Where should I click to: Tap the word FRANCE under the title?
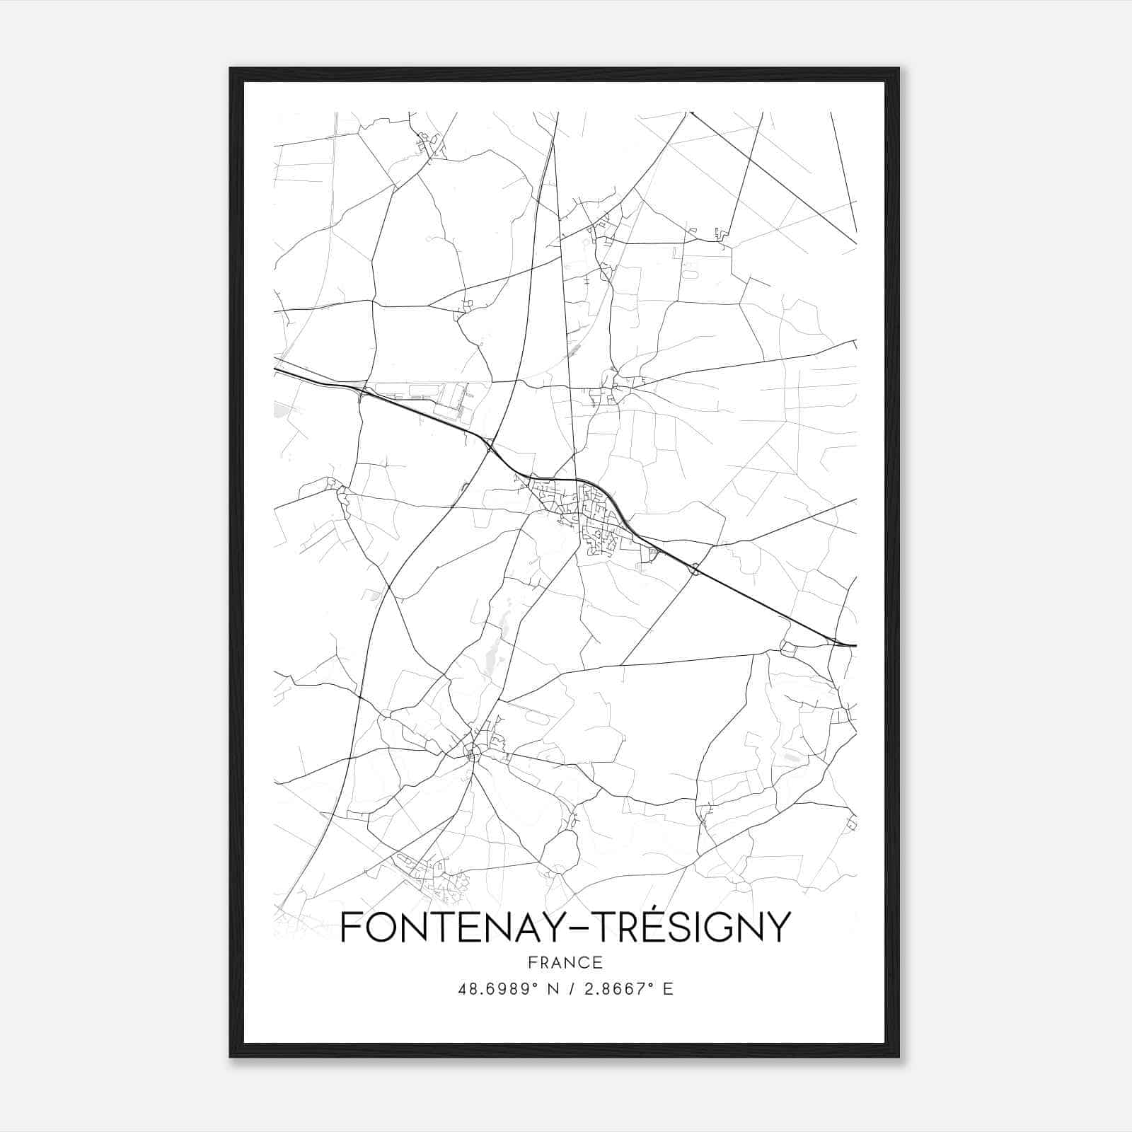pyautogui.click(x=565, y=963)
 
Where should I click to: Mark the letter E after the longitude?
pyautogui.click(x=668, y=989)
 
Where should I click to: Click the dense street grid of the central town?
pyautogui.click(x=591, y=516)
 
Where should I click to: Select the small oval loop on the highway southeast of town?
pyautogui.click(x=696, y=569)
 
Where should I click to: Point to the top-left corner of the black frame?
pyautogui.click(x=231, y=69)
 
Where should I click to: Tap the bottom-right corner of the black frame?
pyautogui.click(x=899, y=1056)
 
